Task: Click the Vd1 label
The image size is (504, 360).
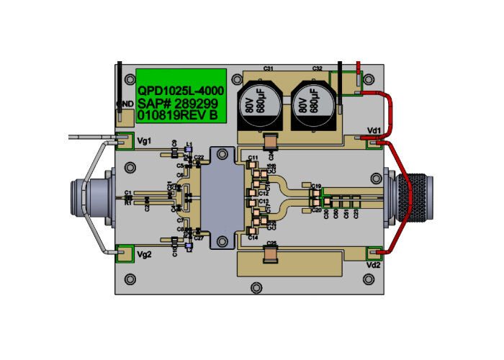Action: [x=374, y=130]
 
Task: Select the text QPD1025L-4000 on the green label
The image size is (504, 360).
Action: [x=181, y=91]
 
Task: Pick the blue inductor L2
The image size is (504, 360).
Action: [x=188, y=242]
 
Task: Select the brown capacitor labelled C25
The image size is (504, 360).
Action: [x=271, y=253]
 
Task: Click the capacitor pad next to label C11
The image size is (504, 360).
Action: [x=253, y=164]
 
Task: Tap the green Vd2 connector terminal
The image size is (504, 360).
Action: [x=373, y=253]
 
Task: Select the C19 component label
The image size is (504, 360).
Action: [x=316, y=185]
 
